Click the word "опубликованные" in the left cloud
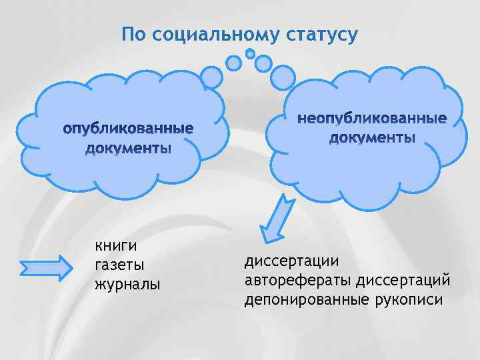point(128,127)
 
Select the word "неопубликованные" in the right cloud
point(372,119)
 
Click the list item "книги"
point(115,247)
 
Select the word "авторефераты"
point(298,279)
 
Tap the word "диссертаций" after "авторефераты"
point(404,279)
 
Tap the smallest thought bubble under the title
point(250,53)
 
